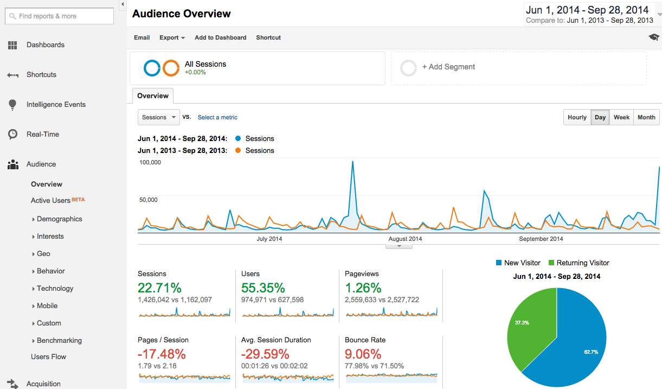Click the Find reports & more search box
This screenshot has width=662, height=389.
[60, 16]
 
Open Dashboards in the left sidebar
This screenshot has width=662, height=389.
[45, 45]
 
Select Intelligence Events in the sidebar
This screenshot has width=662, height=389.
[56, 105]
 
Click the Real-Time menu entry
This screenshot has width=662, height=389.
[42, 135]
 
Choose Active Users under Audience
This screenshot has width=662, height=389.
[51, 201]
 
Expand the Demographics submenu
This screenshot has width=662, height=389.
[59, 219]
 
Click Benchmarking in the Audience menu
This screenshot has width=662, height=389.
[59, 341]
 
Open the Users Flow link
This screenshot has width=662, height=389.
[48, 357]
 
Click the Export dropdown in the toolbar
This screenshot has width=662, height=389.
[172, 38]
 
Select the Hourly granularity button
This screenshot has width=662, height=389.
[577, 118]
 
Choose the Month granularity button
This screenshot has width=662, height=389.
[646, 118]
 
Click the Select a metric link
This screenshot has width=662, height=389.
[217, 118]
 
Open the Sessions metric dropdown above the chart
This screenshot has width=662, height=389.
[159, 118]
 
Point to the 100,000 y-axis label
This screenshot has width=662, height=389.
[150, 162]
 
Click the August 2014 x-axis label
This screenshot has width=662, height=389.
[405, 239]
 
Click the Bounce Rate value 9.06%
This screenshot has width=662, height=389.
[363, 354]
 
